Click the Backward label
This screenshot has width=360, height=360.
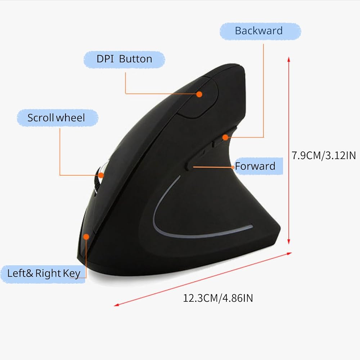click(x=258, y=31)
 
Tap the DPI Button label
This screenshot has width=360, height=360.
click(x=124, y=59)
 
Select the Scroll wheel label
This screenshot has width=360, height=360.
click(x=57, y=118)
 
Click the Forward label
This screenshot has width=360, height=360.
click(x=255, y=166)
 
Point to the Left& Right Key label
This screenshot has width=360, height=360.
click(x=44, y=273)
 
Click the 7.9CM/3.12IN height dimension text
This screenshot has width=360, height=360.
click(x=323, y=155)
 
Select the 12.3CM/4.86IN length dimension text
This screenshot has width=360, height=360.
click(x=218, y=298)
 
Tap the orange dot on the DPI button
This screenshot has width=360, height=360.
click(x=199, y=94)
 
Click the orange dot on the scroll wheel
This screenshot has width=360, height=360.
click(x=101, y=175)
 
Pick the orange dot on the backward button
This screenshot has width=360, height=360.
click(x=225, y=137)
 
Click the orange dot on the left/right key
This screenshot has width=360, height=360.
click(x=86, y=237)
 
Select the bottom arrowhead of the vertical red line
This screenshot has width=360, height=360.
click(x=289, y=243)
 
